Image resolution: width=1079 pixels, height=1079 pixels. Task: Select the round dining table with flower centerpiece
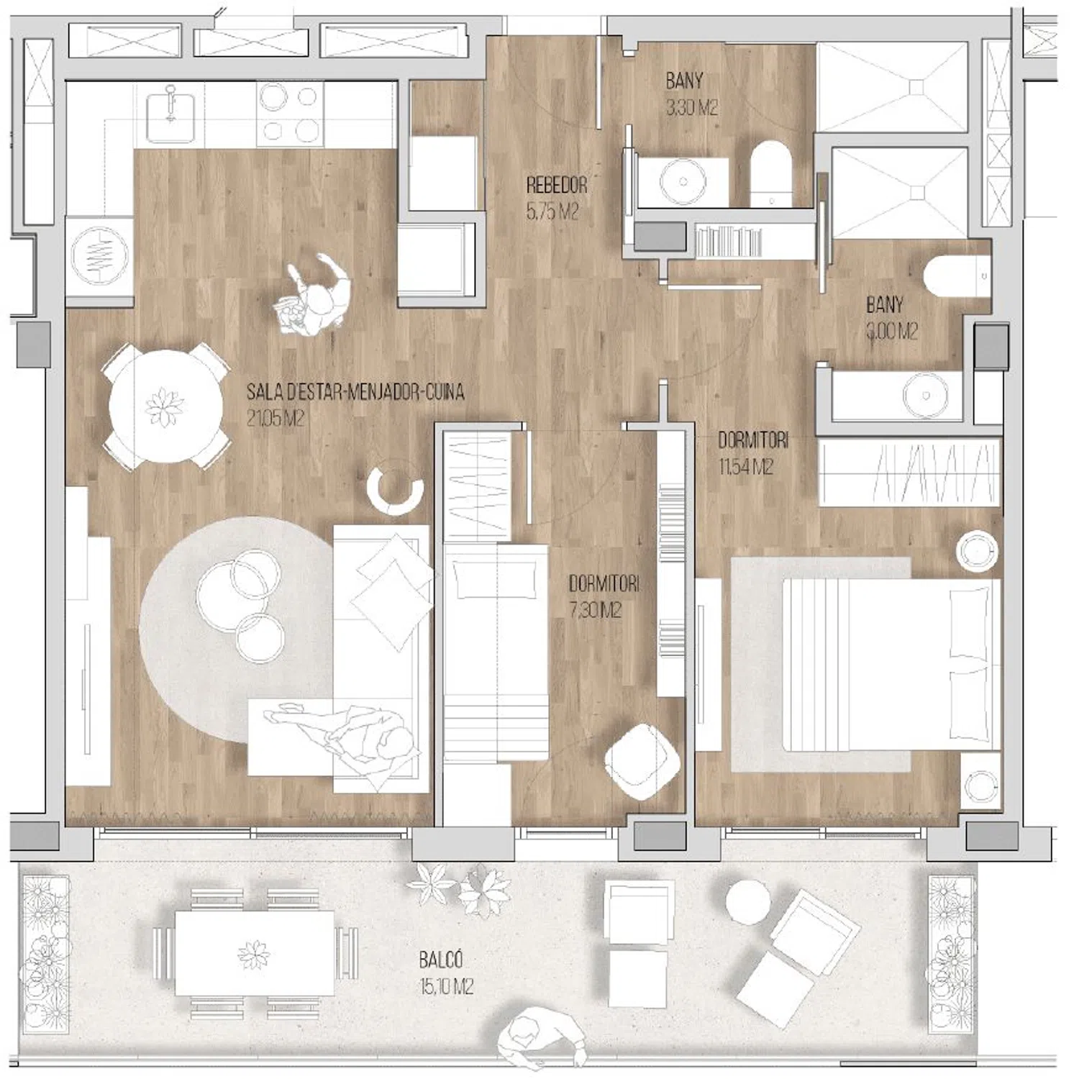165,407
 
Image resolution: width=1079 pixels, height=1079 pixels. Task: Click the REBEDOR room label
557,185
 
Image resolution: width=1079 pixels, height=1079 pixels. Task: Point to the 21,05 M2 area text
276,418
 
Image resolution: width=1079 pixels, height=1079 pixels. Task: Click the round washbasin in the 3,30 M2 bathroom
678,180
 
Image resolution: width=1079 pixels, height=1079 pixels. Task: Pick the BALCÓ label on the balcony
441,960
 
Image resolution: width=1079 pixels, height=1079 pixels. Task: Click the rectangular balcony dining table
255,953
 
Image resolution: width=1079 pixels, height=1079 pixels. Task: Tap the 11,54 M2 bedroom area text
745,468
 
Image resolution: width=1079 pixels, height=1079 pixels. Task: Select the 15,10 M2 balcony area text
446,986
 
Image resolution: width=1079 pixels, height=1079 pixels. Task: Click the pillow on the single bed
496,580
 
